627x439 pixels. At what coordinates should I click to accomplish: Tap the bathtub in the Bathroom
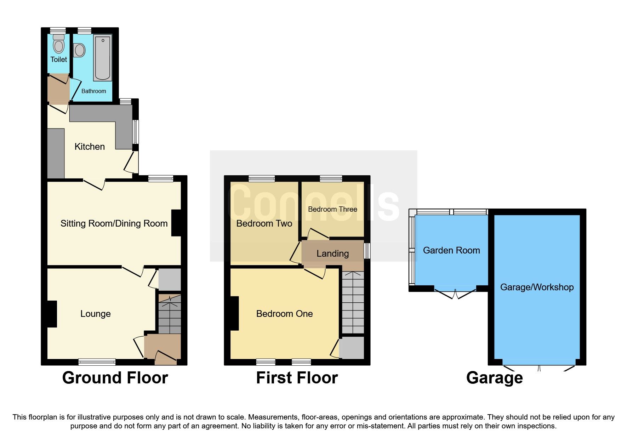[x=103, y=57]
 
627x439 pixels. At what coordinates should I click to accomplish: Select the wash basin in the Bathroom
[x=80, y=50]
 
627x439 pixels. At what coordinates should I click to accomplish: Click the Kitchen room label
[x=90, y=147]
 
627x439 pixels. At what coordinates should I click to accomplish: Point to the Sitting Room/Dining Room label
[x=114, y=223]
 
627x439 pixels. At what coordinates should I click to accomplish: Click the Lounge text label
[x=96, y=314]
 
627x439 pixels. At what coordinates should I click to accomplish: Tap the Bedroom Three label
[x=332, y=209]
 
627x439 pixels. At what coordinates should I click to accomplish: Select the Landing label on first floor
[x=332, y=253]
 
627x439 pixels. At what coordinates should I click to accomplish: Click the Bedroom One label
[x=284, y=314]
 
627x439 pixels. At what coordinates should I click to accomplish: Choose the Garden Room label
[x=451, y=250]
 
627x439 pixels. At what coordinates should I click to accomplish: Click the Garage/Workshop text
[x=537, y=287]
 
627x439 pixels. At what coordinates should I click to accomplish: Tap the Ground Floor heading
[x=115, y=378]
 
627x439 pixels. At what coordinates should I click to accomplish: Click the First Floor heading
[x=297, y=378]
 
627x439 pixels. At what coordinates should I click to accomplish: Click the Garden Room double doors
[x=455, y=293]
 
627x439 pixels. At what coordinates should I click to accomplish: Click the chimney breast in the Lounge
[x=52, y=314]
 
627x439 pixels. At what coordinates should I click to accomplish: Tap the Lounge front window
[x=97, y=362]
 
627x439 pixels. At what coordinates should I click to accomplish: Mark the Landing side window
[x=367, y=251]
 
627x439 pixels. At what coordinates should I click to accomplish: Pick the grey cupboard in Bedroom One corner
[x=352, y=348]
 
